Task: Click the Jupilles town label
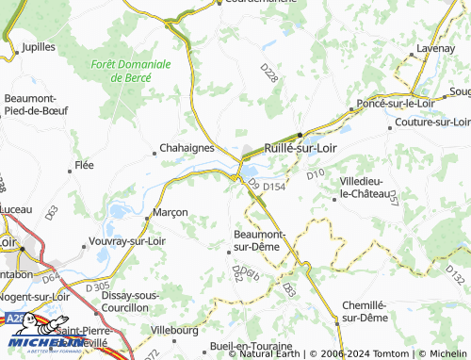39,45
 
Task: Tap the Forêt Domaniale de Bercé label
131,72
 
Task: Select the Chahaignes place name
186,148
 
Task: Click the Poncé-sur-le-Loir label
391,105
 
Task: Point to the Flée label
84,166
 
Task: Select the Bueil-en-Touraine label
254,347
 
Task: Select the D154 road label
274,188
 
